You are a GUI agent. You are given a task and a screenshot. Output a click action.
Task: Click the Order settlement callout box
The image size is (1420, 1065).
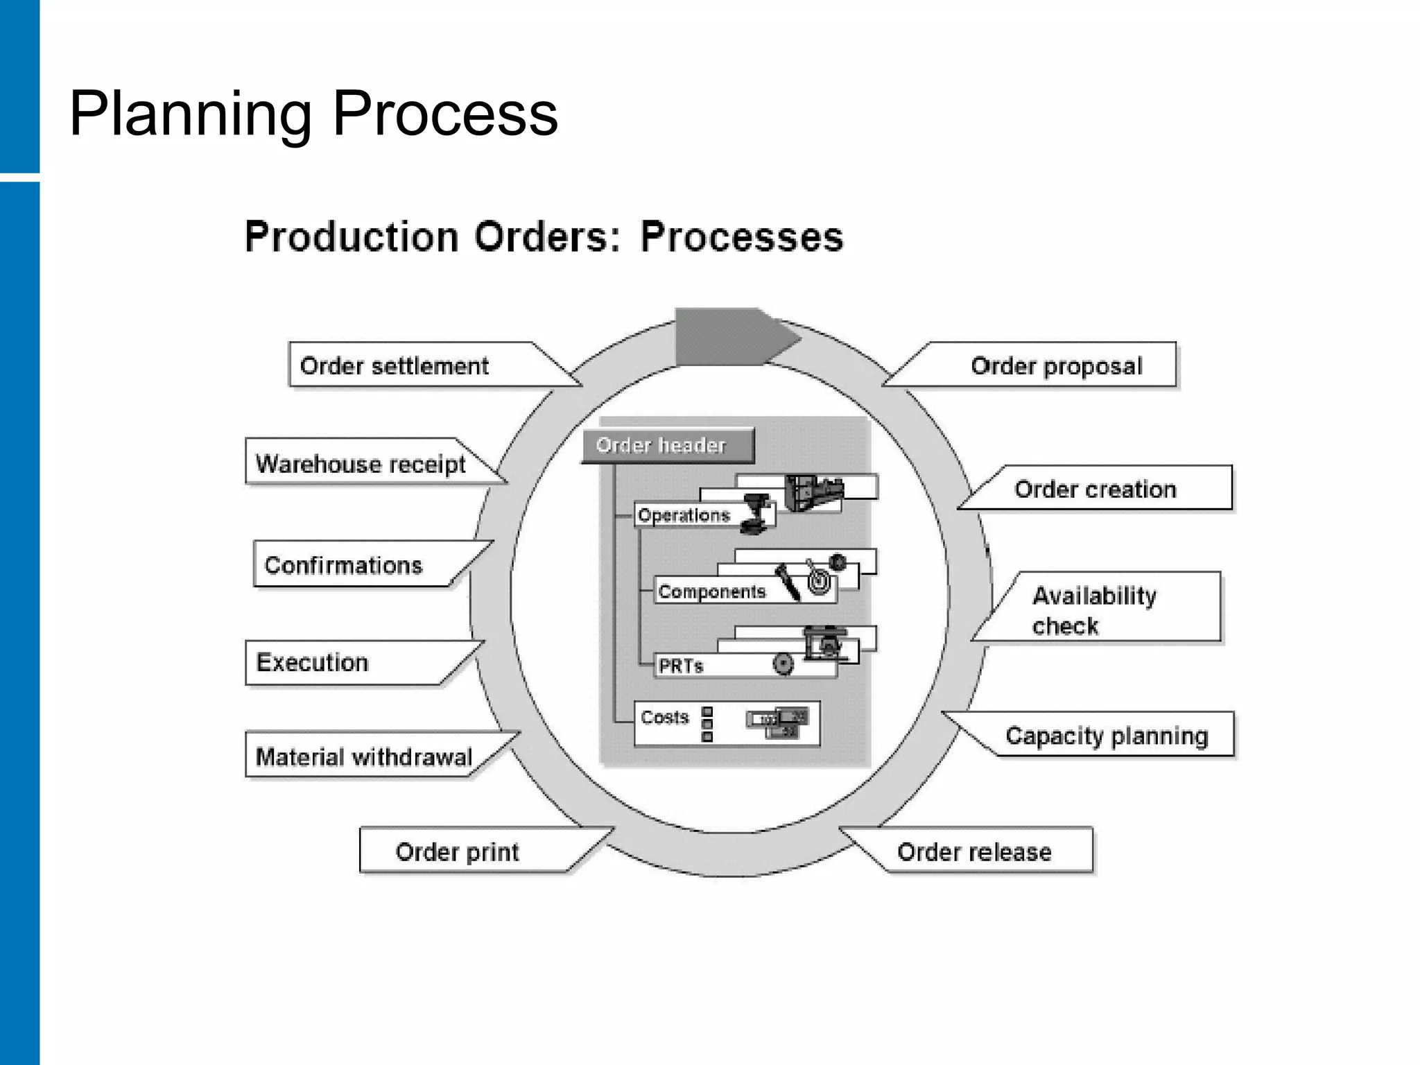click(395, 365)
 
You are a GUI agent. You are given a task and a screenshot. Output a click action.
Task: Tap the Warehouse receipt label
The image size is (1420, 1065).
click(361, 463)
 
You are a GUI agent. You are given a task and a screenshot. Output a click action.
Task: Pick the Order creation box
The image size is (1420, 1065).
click(1095, 489)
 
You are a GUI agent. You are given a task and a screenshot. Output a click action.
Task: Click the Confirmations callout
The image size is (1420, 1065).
click(344, 565)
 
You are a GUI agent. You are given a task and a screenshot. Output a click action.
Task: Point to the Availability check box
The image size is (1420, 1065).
click(1094, 609)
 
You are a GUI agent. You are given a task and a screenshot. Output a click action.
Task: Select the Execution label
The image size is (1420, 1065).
click(312, 662)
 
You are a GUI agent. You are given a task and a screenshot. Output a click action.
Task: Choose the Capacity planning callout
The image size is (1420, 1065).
click(1106, 735)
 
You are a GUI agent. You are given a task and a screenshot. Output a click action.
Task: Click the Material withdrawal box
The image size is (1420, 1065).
click(364, 756)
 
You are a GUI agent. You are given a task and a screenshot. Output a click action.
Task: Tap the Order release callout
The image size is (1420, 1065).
click(974, 851)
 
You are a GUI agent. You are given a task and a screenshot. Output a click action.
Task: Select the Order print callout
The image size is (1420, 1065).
click(457, 851)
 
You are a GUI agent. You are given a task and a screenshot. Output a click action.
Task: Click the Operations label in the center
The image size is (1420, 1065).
click(684, 515)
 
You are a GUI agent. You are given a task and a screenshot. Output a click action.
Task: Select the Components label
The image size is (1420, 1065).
click(711, 591)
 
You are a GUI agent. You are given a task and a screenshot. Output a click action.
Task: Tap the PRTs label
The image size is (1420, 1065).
click(680, 666)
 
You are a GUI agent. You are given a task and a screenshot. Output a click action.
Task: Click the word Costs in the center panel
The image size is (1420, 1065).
click(665, 718)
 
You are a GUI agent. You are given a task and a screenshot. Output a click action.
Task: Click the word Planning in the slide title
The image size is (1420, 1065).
click(191, 114)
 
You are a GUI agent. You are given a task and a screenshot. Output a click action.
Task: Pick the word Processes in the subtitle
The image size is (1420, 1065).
click(741, 237)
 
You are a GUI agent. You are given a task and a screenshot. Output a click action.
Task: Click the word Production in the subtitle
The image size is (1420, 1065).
click(352, 237)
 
